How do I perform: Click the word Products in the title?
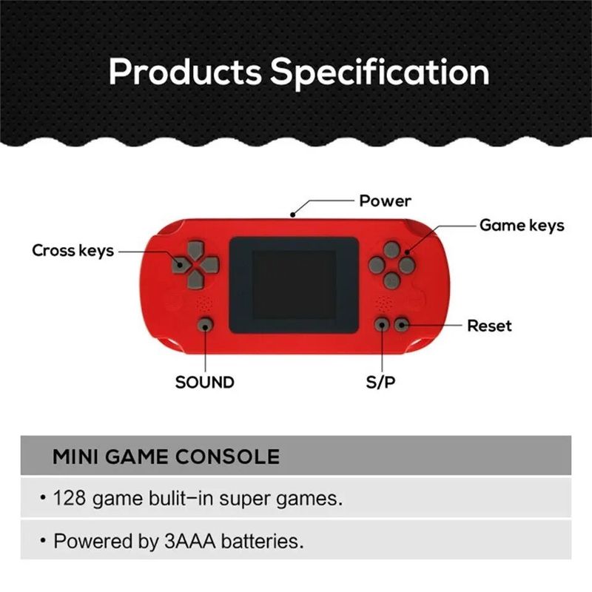185,73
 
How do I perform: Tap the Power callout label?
385,201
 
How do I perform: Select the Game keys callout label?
522,225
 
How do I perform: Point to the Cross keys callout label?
73,250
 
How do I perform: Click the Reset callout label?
489,326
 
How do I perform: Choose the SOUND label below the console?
204,383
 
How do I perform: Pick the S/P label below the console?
381,383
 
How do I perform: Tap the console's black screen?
294,286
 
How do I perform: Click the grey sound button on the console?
205,324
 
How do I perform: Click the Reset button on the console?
401,324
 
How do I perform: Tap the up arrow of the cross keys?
196,248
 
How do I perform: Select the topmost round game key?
391,249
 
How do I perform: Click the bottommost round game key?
391,279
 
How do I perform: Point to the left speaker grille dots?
205,303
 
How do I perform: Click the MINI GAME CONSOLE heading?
166,457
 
